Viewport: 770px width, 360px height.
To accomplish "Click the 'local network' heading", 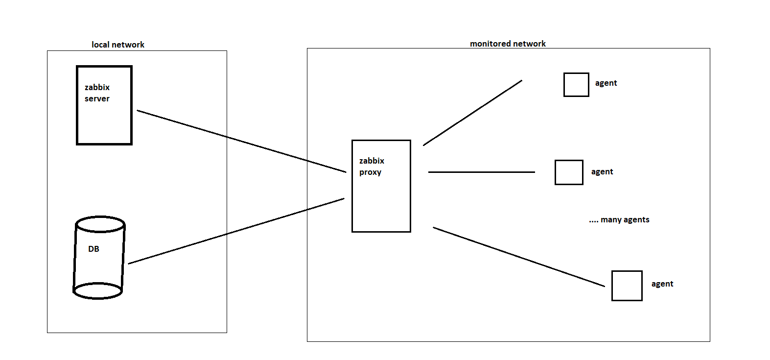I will [118, 45].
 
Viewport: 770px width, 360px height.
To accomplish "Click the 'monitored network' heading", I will [508, 44].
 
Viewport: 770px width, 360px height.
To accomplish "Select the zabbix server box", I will [104, 122].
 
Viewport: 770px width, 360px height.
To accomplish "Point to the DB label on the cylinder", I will [93, 249].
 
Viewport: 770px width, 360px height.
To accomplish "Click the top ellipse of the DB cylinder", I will [100, 224].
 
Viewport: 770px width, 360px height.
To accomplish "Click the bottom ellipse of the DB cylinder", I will [97, 291].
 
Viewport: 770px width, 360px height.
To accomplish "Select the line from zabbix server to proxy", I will [241, 141].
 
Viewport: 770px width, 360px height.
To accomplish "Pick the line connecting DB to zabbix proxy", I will [236, 231].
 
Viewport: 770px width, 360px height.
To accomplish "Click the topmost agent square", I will [576, 85].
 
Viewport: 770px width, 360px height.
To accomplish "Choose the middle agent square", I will [569, 172].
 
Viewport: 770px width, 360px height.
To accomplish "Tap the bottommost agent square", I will [627, 286].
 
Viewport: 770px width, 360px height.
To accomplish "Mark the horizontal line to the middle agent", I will [481, 172].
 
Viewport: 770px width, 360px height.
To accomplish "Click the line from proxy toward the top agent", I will [472, 113].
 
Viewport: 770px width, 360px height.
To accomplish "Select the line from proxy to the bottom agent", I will [519, 257].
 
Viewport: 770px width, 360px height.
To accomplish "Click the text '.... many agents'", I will [619, 219].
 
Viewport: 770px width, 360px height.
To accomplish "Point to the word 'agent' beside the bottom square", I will [662, 284].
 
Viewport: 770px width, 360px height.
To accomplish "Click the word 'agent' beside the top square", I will [606, 83].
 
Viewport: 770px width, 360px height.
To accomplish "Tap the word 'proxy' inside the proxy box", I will [370, 172].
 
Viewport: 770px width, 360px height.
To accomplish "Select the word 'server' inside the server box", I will [97, 98].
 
